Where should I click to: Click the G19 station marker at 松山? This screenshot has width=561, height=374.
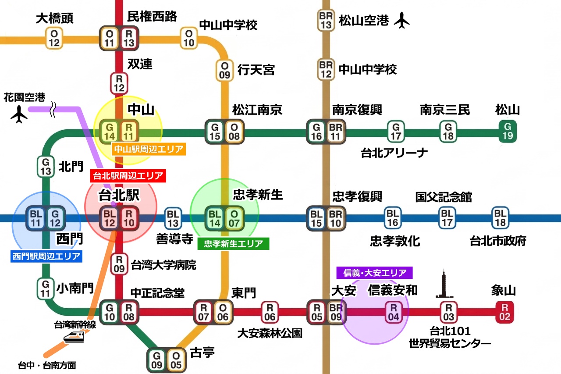point(508,131)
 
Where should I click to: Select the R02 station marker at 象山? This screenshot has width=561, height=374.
point(505,312)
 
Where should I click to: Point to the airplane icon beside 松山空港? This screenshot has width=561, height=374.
point(401,21)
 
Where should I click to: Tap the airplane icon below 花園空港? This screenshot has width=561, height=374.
point(19,115)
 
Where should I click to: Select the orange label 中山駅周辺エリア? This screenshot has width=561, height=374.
point(149,149)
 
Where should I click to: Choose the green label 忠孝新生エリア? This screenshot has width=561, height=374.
point(233,243)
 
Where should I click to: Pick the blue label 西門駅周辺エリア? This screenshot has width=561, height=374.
point(46,256)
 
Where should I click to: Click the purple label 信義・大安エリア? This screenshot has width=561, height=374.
point(374,273)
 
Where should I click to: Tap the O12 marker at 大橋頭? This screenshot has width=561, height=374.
point(54,38)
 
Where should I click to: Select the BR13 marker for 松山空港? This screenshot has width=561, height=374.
point(326,20)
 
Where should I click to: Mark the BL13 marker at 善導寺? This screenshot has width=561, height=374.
point(173,218)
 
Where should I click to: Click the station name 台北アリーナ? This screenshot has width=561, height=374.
point(394,153)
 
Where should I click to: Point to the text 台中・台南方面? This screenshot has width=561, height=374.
point(47,365)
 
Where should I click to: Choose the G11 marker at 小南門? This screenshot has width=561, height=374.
point(46,289)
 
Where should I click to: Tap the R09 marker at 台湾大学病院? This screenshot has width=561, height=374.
point(119,264)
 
